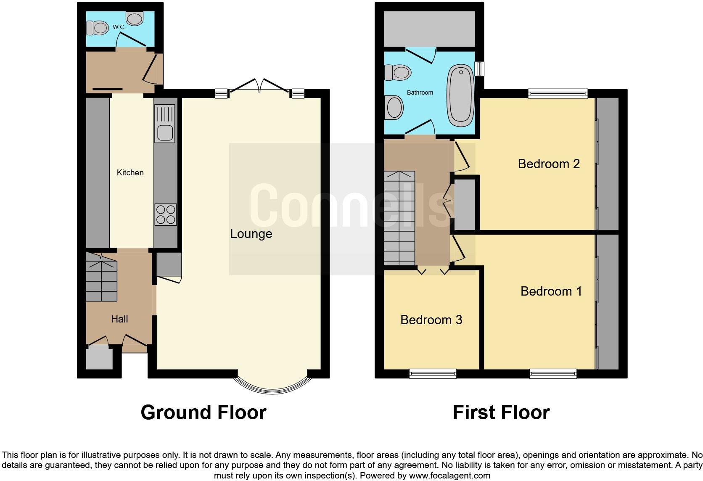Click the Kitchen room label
[x=130, y=172]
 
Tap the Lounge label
[x=251, y=234]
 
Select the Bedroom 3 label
[x=431, y=320]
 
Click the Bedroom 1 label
[x=551, y=291]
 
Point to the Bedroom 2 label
[x=549, y=164]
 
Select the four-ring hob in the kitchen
[x=165, y=214]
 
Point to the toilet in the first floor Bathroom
[x=397, y=73]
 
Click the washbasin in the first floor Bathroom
[x=394, y=107]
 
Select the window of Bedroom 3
[x=433, y=373]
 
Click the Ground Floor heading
[x=203, y=412]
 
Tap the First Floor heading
[x=501, y=412]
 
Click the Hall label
[x=119, y=319]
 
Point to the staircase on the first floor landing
[x=399, y=218]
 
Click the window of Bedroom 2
[x=558, y=93]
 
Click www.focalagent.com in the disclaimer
[x=449, y=476]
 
